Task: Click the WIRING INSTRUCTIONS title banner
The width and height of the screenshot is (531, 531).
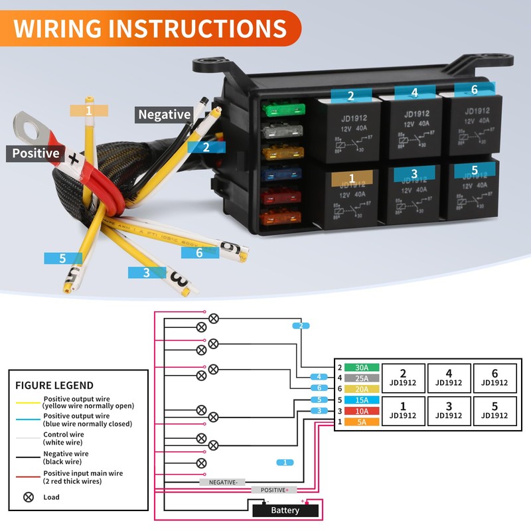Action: (x=150, y=29)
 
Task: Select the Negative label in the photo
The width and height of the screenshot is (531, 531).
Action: (x=164, y=114)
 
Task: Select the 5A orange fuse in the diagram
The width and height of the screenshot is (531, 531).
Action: (x=362, y=421)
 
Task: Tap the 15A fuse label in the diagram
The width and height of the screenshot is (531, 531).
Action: (x=362, y=400)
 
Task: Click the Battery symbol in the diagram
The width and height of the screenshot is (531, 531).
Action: (x=285, y=510)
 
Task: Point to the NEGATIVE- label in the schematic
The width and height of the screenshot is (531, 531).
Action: (x=222, y=482)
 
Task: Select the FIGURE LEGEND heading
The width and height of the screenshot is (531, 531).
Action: (x=54, y=385)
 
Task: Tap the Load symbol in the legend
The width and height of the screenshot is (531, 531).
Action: (x=29, y=496)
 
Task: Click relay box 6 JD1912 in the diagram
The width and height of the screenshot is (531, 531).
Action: (x=494, y=378)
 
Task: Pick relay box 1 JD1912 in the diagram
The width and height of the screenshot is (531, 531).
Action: (x=403, y=411)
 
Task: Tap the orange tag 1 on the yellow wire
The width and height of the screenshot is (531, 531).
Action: (x=89, y=110)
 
